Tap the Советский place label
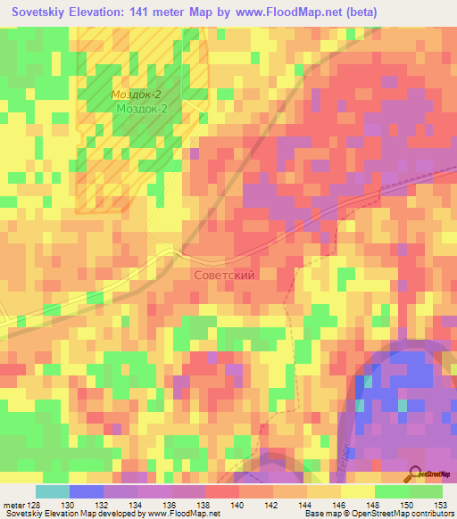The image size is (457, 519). coord(224,276)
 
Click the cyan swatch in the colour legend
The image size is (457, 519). coord(53,491)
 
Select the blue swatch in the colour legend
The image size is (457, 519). coord(87,491)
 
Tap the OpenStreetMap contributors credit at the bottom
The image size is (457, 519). coord(394,513)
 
